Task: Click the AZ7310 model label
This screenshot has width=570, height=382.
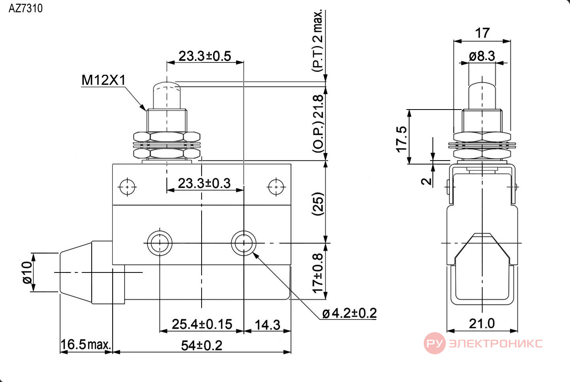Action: (25, 8)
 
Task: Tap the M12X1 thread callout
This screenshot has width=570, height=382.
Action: (104, 80)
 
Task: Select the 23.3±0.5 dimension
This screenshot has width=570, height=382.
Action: (205, 56)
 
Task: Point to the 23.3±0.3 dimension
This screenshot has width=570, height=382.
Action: (204, 183)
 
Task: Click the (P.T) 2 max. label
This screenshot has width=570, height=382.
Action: (317, 41)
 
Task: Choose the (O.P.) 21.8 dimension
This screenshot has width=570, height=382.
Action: (318, 124)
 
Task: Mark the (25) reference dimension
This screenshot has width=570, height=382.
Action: (318, 204)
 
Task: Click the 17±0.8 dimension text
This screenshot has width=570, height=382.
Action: (318, 273)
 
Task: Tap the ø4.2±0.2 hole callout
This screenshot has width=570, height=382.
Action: (349, 313)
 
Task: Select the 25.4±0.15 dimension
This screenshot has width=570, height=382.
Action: (202, 324)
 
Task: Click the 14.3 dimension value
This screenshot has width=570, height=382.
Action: (268, 325)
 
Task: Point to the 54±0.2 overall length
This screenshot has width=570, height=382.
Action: (202, 346)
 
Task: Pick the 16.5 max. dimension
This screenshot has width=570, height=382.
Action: (86, 344)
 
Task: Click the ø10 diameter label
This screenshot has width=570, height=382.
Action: (27, 272)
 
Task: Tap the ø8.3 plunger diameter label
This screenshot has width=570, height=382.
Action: (482, 56)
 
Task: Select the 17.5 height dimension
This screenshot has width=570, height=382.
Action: (402, 139)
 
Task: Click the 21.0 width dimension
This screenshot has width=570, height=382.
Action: (482, 324)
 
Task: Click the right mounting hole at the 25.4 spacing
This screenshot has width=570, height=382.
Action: (243, 243)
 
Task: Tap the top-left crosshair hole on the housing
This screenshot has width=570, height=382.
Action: (127, 187)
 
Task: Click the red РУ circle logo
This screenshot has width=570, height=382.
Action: (435, 343)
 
